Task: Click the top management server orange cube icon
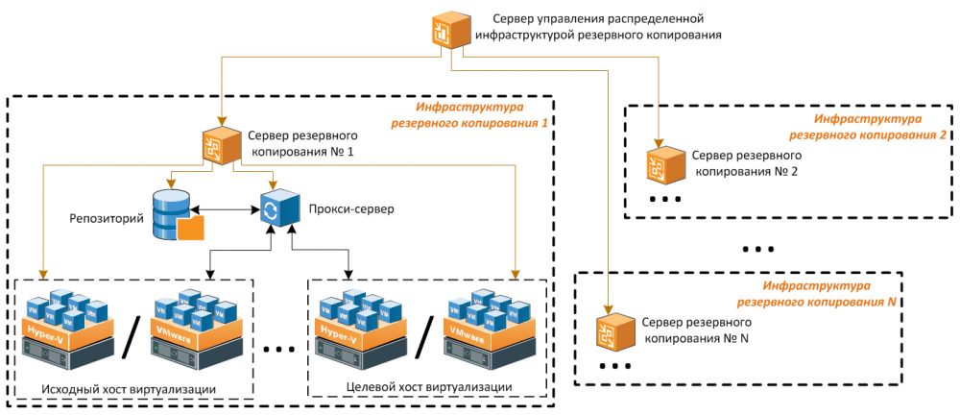pyautogui.click(x=450, y=29)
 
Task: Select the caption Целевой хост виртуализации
pyautogui.click(x=427, y=387)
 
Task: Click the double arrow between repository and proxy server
pyautogui.click(x=227, y=209)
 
